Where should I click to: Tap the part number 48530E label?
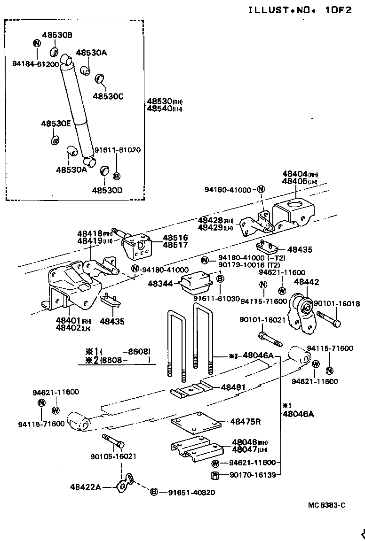click(x=56, y=124)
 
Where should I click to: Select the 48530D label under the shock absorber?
click(x=107, y=190)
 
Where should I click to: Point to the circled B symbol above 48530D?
click(x=117, y=176)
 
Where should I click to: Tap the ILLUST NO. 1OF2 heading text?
click(x=300, y=10)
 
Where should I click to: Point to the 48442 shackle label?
click(x=306, y=282)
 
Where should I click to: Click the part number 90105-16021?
click(x=113, y=456)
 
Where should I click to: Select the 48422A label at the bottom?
click(x=85, y=487)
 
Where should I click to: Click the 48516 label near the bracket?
click(x=175, y=238)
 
